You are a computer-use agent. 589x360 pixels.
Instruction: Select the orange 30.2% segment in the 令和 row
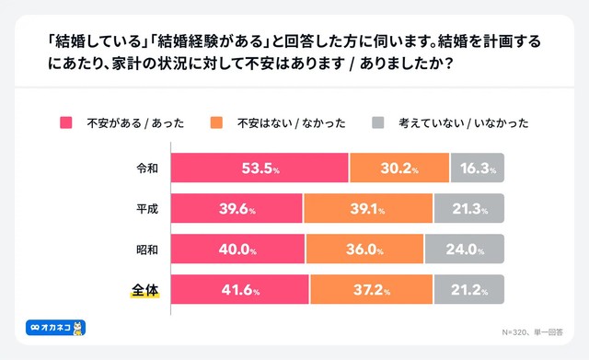tap(399, 168)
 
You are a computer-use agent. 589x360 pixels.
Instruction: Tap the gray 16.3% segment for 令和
tap(478, 168)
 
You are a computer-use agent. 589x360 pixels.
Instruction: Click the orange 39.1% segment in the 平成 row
tap(369, 209)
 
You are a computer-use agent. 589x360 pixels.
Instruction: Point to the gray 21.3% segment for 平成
tap(469, 209)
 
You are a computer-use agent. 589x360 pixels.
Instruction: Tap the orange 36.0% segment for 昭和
tap(364, 249)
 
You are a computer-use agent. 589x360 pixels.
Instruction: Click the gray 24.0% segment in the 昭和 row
tap(465, 249)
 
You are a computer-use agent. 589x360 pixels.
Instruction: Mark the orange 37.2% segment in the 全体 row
tap(372, 289)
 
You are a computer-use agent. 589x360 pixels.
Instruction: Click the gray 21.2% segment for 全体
tap(469, 289)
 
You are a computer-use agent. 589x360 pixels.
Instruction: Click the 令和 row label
tap(146, 168)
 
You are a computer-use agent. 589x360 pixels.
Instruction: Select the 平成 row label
tap(146, 209)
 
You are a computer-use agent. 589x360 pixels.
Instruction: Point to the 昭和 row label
tap(146, 249)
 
